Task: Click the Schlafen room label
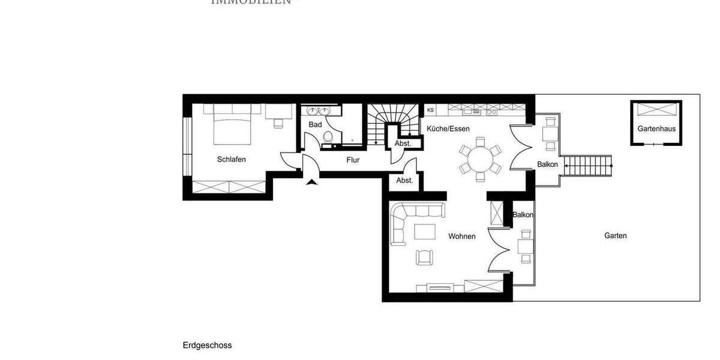[x=232, y=160]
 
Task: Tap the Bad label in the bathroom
[x=315, y=125]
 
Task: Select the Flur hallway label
[x=353, y=160]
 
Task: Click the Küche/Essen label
[x=448, y=128]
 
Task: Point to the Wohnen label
[x=462, y=236]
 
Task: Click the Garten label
[x=616, y=236]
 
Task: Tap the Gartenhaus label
[x=656, y=129]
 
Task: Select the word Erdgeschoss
[x=207, y=346]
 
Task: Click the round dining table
[x=479, y=160]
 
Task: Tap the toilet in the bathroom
[x=327, y=139]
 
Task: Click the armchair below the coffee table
[x=424, y=257]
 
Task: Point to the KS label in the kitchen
[x=430, y=110]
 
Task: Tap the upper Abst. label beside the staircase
[x=403, y=143]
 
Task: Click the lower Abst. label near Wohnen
[x=404, y=181]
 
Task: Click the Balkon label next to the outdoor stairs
[x=547, y=164]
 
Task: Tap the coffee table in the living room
[x=426, y=231]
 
